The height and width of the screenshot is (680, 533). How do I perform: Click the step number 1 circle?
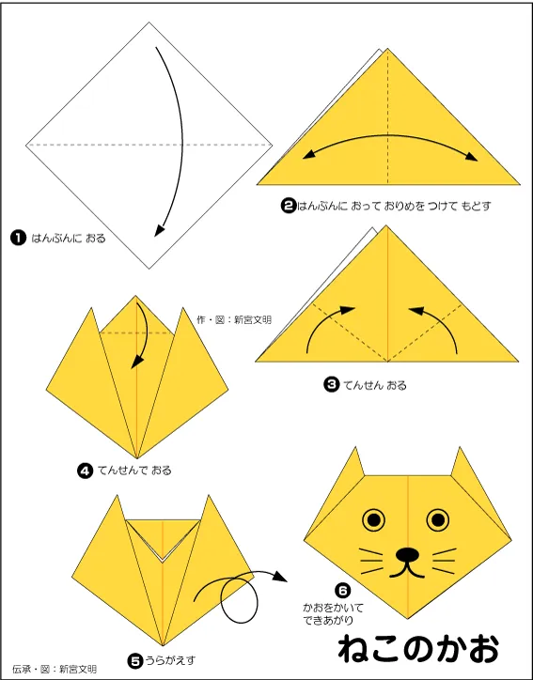point(18,238)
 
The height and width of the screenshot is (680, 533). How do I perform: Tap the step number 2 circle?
point(289,205)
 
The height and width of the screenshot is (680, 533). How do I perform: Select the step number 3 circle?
point(332,384)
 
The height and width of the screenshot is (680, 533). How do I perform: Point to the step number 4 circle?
point(85,471)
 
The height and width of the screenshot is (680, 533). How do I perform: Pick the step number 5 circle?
point(135,661)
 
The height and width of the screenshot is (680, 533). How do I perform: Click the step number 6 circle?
point(342,590)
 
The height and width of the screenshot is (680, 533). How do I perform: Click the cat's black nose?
point(407,554)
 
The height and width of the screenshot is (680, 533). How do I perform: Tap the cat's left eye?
point(374,519)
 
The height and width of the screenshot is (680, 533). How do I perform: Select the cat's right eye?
point(437,519)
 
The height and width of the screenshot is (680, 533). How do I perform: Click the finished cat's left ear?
point(355,464)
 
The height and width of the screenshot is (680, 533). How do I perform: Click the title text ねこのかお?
point(419,649)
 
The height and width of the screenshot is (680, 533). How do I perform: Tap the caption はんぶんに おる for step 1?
point(68,238)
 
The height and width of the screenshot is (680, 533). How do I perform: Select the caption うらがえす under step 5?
point(170,660)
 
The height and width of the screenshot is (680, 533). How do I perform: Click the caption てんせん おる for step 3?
point(374,385)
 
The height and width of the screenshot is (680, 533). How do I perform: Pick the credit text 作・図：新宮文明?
point(234,319)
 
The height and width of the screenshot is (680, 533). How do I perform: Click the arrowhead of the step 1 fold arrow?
point(159,231)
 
